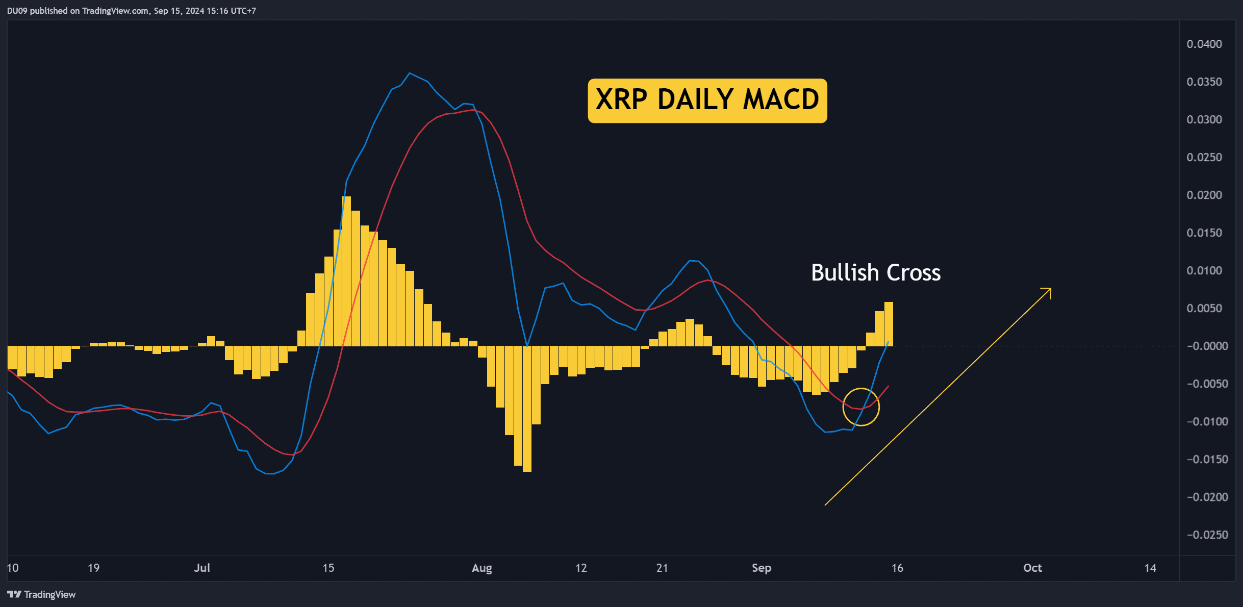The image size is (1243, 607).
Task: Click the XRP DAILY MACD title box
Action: tap(707, 100)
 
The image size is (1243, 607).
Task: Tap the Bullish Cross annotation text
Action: tap(876, 272)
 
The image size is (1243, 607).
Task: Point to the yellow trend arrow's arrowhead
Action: tap(1050, 289)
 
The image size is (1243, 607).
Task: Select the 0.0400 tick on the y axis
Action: tap(1204, 44)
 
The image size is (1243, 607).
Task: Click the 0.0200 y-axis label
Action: tap(1204, 195)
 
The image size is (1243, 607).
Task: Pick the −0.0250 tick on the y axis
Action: tap(1207, 535)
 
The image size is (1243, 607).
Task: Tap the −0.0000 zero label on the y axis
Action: tap(1207, 346)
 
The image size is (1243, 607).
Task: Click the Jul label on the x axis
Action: tap(202, 568)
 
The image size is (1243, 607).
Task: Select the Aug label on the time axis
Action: tap(481, 568)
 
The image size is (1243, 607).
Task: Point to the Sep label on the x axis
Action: tap(761, 568)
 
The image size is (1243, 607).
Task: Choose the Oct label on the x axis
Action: tap(1032, 568)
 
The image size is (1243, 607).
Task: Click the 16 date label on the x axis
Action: tap(897, 568)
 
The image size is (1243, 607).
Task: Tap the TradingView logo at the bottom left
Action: tap(41, 594)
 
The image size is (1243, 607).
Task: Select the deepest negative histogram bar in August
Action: tap(527, 409)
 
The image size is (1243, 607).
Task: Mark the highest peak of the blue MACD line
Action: tap(410, 73)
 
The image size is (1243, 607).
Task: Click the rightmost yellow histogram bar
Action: tap(889, 324)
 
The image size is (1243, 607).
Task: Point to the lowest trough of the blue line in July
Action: tap(269, 473)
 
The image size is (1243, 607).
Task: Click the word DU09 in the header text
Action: tap(17, 11)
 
